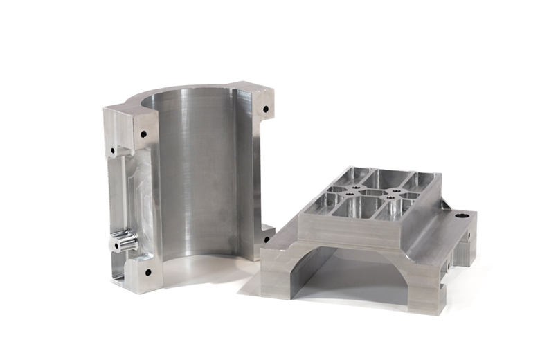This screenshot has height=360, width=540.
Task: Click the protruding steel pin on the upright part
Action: coord(125,243)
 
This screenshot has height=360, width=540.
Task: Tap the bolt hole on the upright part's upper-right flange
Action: coord(264,109)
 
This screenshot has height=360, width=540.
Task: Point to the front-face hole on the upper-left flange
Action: coord(144,134)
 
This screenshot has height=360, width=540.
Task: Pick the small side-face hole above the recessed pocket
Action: coord(111,149)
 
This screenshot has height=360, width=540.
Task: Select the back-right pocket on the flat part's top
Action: coord(417,182)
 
